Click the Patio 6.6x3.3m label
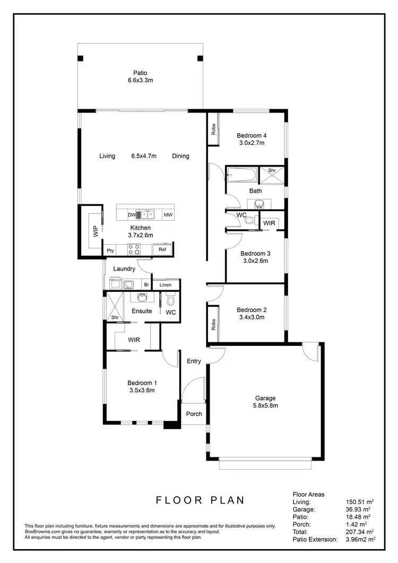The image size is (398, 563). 141,77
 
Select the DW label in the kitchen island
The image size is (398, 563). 131,215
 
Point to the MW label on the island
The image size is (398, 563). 168,215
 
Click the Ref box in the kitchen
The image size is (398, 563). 162,249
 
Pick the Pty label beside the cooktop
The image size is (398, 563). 110,250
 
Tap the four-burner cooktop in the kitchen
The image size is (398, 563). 133,249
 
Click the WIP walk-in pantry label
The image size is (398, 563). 96,231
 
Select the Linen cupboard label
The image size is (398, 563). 166,285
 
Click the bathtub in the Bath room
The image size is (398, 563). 242,173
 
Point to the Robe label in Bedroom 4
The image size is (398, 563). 213,129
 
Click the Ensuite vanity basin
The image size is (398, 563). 142,297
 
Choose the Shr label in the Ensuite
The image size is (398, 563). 115,317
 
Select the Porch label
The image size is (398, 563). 194,414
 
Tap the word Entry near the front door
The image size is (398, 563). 194,361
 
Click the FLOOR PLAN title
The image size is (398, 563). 200,499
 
